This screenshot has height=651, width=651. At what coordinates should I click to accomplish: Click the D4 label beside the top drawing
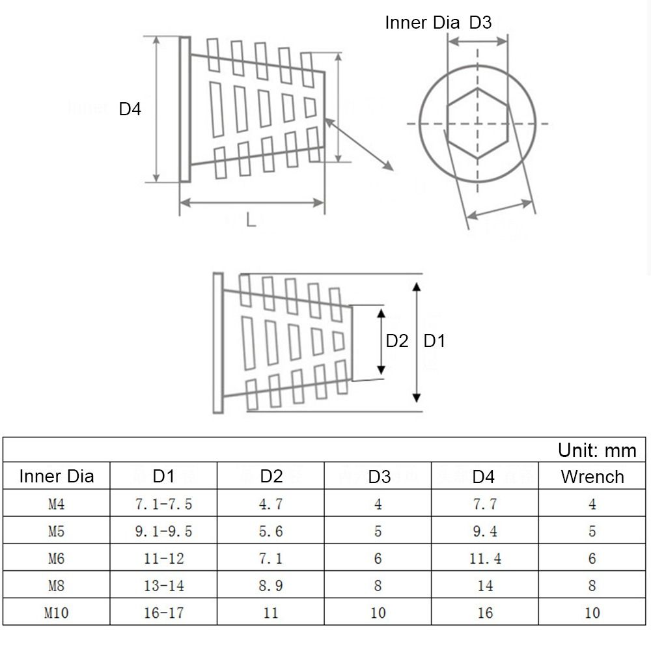click(130, 109)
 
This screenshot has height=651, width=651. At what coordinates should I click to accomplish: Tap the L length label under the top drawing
click(251, 220)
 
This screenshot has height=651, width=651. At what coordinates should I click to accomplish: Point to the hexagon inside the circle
click(477, 123)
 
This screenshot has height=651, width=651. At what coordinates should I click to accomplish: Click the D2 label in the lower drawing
click(396, 340)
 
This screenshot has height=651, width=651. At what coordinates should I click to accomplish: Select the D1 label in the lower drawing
click(434, 340)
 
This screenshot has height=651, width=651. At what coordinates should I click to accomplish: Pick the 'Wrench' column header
click(592, 477)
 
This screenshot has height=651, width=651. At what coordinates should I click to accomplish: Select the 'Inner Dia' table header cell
click(57, 476)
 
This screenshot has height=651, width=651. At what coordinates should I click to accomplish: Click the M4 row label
click(57, 504)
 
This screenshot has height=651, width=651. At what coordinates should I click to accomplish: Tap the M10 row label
click(57, 613)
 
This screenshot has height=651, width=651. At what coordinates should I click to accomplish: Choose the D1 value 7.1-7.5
click(163, 504)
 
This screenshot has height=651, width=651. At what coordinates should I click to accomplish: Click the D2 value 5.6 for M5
click(271, 531)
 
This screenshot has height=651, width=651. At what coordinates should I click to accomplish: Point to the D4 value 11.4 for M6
click(485, 559)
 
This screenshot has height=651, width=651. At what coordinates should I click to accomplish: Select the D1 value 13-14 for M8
click(163, 585)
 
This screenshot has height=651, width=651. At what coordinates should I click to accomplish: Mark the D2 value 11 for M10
click(271, 613)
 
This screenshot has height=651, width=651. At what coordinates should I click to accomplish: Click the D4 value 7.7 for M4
click(485, 504)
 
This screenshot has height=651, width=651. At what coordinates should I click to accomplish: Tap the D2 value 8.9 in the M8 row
click(271, 585)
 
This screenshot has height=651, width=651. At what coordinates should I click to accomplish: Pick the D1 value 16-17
click(163, 613)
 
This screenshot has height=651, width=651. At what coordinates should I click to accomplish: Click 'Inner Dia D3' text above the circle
click(438, 23)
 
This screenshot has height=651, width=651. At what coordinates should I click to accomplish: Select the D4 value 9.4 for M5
click(485, 531)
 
